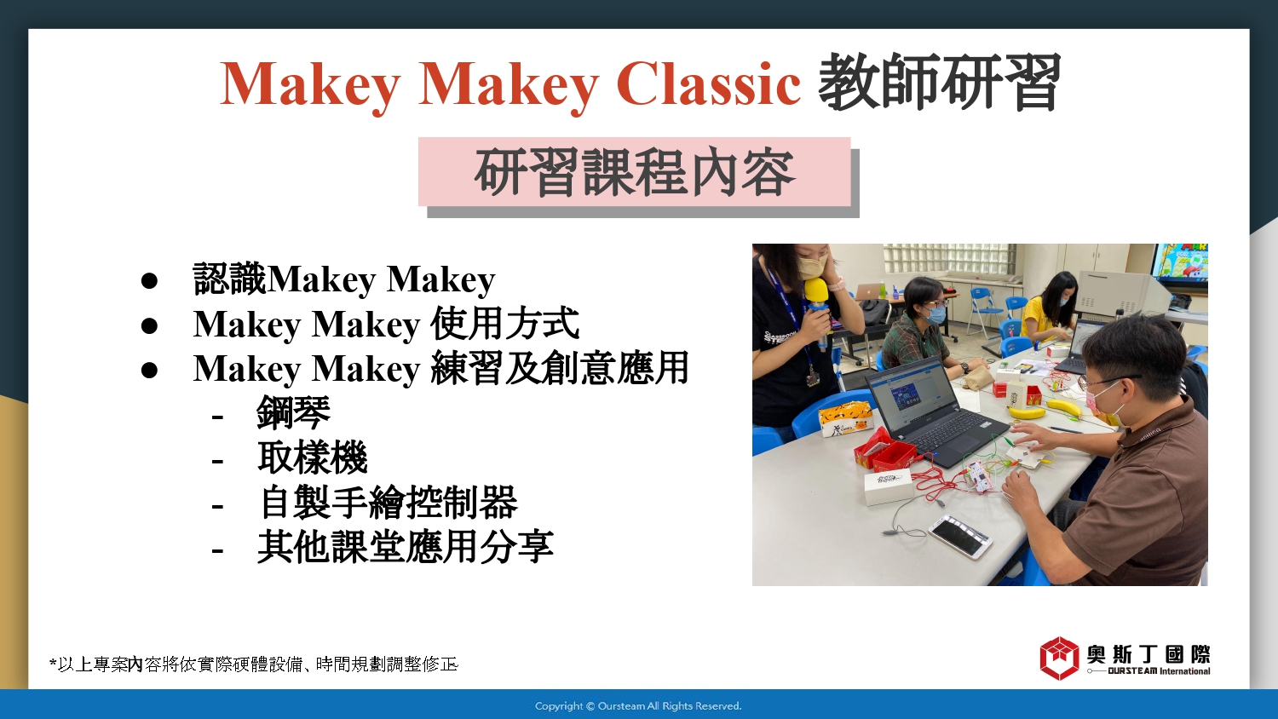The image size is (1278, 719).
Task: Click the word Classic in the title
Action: (x=708, y=83)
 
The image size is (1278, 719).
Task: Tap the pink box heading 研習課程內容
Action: (x=635, y=171)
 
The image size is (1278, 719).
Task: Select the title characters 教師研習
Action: (x=939, y=82)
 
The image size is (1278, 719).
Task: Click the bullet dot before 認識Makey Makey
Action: (x=149, y=280)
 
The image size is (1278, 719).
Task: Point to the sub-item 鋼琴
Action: (x=293, y=412)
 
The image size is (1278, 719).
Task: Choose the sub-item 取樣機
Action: (x=312, y=457)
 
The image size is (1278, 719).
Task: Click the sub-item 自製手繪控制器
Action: (x=388, y=502)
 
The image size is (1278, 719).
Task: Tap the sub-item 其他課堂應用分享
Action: (x=405, y=547)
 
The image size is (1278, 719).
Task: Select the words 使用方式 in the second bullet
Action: (x=505, y=324)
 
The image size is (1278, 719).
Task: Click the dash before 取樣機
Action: (x=216, y=460)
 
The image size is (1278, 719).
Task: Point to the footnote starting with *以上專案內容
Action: (x=254, y=664)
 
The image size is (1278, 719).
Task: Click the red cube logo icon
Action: (x=1059, y=658)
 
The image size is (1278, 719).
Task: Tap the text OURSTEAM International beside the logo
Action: (x=1158, y=671)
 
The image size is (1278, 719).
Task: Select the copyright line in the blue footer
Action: (x=638, y=706)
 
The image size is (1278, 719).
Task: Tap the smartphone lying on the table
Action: (x=960, y=537)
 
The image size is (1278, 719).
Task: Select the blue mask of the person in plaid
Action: (x=935, y=314)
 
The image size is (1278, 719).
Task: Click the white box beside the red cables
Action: (x=888, y=486)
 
